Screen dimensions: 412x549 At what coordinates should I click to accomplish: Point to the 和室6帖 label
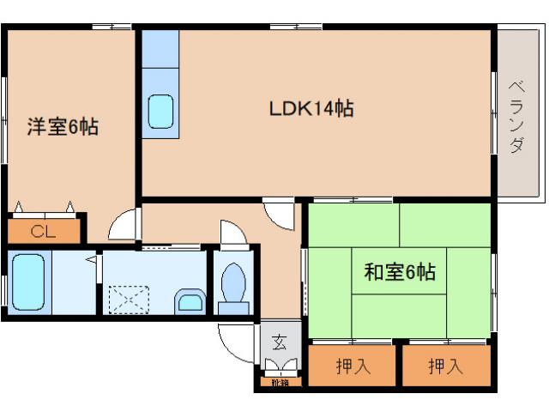[x=400, y=273]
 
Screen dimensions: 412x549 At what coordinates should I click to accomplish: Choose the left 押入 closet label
[x=353, y=367]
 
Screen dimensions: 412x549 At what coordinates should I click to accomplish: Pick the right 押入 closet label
[x=446, y=367]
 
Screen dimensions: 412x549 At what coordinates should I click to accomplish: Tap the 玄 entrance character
[x=281, y=342]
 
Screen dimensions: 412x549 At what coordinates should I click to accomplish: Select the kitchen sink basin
[x=160, y=111]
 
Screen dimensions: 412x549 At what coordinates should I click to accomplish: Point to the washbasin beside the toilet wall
[x=190, y=300]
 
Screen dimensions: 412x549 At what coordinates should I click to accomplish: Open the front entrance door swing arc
[x=235, y=343]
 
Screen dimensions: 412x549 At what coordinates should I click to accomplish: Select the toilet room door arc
[x=232, y=233]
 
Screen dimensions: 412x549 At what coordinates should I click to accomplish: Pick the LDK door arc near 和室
[x=280, y=215]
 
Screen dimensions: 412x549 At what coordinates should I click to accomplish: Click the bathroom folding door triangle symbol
[x=90, y=257]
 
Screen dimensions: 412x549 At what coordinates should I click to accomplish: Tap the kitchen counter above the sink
[x=160, y=51]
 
